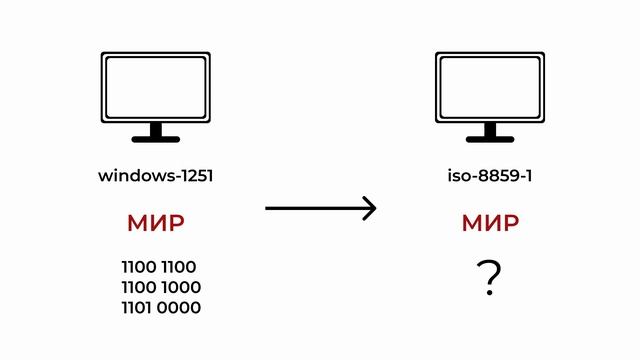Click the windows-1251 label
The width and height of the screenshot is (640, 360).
[x=156, y=176]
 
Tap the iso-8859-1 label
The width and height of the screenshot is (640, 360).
[x=490, y=176]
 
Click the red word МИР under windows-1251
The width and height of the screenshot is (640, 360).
[x=156, y=223]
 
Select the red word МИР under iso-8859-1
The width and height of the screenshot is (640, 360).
[x=490, y=223]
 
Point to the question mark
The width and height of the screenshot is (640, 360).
[x=490, y=280]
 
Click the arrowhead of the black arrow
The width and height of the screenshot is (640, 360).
[x=370, y=208]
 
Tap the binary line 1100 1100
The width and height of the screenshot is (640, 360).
[x=159, y=267]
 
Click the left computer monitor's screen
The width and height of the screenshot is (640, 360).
[x=156, y=88]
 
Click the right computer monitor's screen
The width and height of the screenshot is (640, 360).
[x=490, y=88]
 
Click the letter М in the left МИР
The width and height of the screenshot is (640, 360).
[x=138, y=223]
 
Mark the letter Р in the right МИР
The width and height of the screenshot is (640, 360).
[x=511, y=223]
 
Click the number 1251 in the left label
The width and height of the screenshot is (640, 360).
[x=196, y=176]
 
